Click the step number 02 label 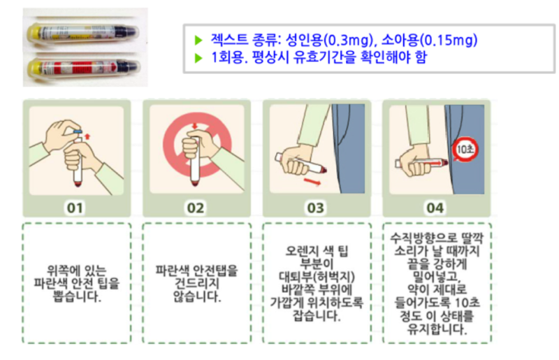195,208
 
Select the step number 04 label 435,208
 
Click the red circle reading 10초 465,148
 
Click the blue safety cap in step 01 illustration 78,130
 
